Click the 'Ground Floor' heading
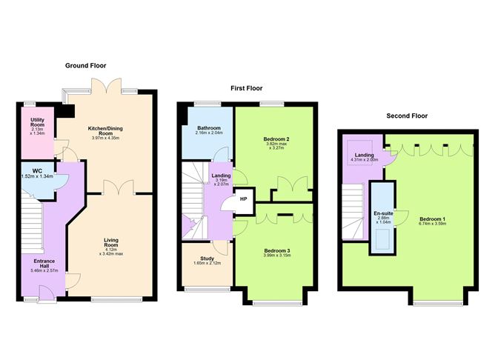[x=87, y=65]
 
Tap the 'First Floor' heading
[x=247, y=88]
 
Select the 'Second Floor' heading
[x=407, y=116]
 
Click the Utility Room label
[x=37, y=122]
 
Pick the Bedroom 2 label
[x=275, y=139]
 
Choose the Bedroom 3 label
[x=277, y=250]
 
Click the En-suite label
[x=383, y=213]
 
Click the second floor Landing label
[x=363, y=154]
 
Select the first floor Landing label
[x=222, y=175]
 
